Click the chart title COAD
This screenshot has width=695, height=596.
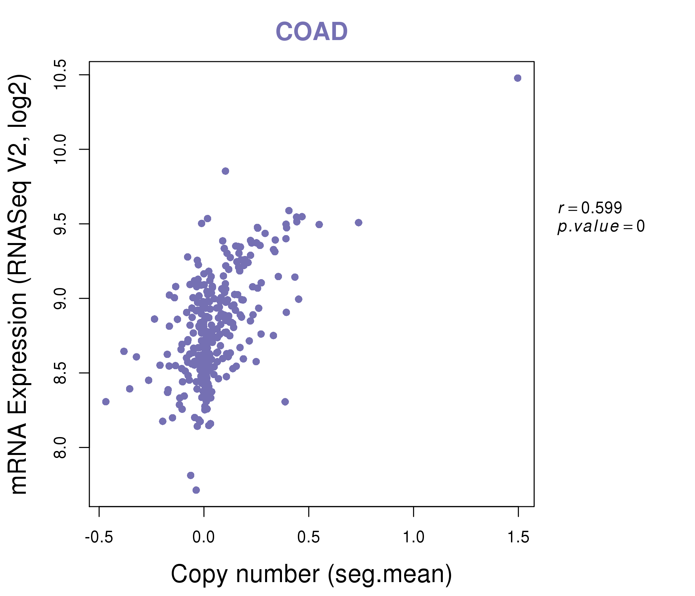pyautogui.click(x=311, y=31)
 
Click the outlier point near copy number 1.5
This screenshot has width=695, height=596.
pyautogui.click(x=518, y=78)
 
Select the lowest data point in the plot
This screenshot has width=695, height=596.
pyautogui.click(x=196, y=490)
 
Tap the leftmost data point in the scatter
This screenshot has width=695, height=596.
pyautogui.click(x=106, y=402)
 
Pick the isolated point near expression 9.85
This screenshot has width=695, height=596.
pyautogui.click(x=225, y=171)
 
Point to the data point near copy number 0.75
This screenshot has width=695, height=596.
pyautogui.click(x=358, y=223)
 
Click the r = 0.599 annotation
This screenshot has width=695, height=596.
pyautogui.click(x=590, y=208)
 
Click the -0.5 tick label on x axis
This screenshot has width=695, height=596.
pyautogui.click(x=99, y=537)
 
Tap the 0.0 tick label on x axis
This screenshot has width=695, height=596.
pyautogui.click(x=204, y=537)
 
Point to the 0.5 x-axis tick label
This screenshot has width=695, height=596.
pyautogui.click(x=308, y=537)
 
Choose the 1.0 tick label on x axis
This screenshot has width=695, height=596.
pyautogui.click(x=413, y=537)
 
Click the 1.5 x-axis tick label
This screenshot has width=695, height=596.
pyautogui.click(x=518, y=537)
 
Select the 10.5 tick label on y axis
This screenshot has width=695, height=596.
pyautogui.click(x=61, y=74)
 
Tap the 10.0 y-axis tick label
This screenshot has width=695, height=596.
pyautogui.click(x=61, y=149)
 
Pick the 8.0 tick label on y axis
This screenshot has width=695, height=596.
pyautogui.click(x=61, y=447)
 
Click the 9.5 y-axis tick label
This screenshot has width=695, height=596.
pyautogui.click(x=61, y=224)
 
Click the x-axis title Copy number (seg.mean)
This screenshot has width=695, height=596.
pyautogui.click(x=311, y=574)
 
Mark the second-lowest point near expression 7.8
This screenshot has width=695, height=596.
pyautogui.click(x=191, y=475)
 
